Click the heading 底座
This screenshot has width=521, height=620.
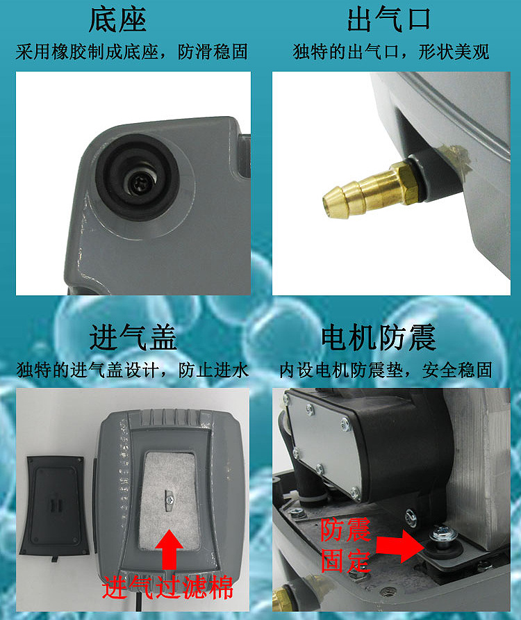117,21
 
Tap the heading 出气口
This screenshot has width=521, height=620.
389,21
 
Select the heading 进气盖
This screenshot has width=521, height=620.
133,338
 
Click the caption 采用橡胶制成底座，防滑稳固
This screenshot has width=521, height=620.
131,52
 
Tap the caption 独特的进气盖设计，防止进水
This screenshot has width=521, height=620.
132,369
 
